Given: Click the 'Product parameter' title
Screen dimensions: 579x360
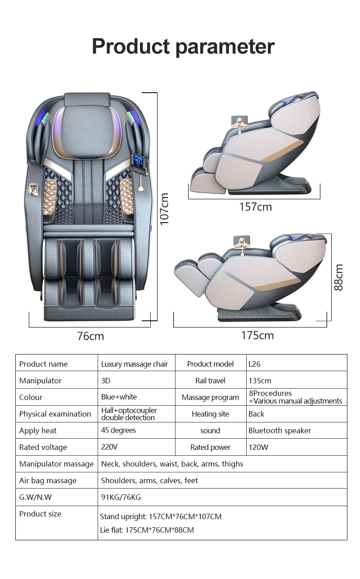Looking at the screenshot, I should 183,47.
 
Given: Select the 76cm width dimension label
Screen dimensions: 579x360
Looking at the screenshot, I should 90,336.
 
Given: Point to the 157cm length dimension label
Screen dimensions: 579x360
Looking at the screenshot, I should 255,207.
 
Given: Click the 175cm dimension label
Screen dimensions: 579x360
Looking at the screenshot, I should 257,336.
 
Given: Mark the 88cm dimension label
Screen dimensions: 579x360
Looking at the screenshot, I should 338,277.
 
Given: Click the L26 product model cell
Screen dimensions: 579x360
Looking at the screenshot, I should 254,364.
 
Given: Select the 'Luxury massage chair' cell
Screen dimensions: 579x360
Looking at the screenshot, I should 134,364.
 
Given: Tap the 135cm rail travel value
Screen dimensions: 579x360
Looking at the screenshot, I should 260,381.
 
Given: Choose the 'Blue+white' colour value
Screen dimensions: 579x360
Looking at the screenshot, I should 119,397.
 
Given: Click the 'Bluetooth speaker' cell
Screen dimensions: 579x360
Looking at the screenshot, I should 279,431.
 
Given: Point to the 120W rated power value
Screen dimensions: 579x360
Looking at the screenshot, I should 258,447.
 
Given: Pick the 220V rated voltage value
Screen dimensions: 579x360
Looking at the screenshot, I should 109,447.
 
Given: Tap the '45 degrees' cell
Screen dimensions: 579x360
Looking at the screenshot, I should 118,430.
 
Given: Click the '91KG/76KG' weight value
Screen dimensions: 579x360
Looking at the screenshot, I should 121,497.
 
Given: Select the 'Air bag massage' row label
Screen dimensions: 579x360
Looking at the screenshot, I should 48,480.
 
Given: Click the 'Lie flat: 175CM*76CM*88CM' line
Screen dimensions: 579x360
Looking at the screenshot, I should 147,530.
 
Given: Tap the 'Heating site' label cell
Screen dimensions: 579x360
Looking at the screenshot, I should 210,414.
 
